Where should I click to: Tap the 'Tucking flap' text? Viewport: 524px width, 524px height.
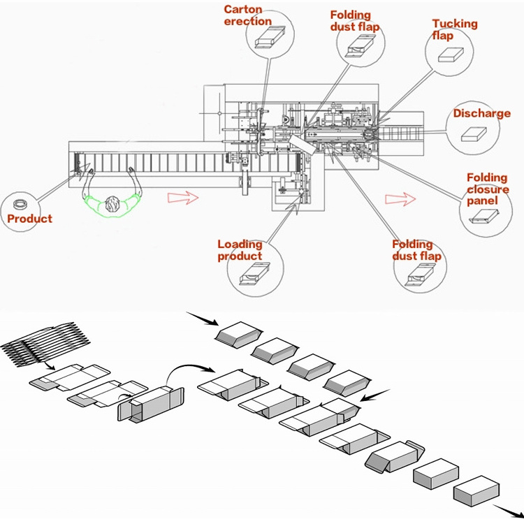click(x=455, y=29)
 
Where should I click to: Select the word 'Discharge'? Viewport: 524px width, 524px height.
click(x=482, y=113)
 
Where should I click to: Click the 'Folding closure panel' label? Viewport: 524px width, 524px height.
click(x=488, y=189)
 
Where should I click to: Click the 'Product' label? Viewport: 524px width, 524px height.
click(x=30, y=219)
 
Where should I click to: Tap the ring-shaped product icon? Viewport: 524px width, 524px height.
click(x=21, y=205)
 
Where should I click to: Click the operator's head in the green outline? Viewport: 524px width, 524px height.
click(x=112, y=205)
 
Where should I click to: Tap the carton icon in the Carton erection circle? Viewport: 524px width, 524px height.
click(x=268, y=41)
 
